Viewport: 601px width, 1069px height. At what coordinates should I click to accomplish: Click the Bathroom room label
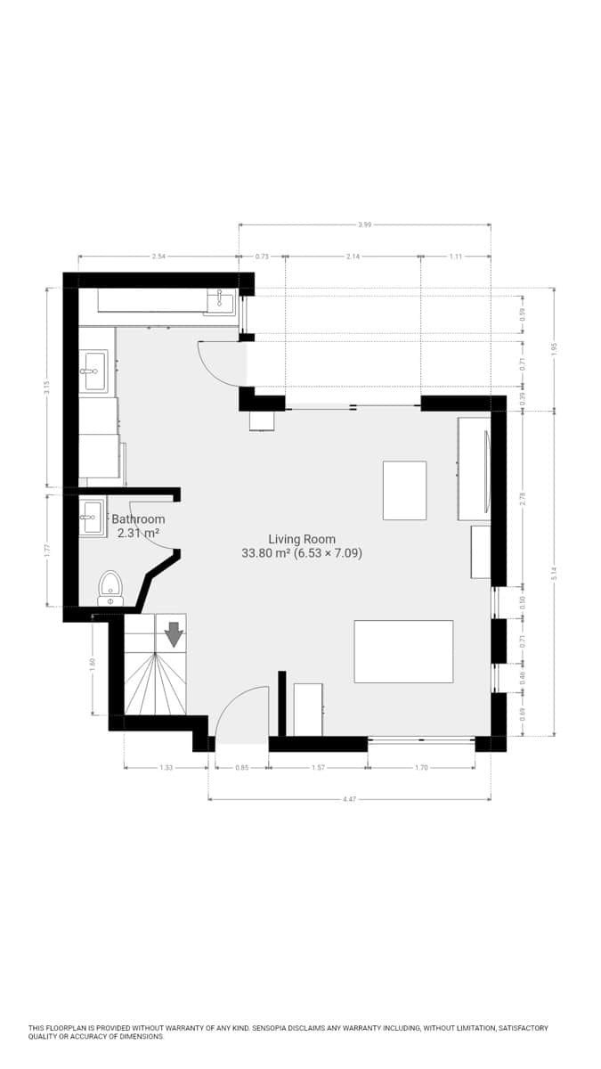pyautogui.click(x=138, y=519)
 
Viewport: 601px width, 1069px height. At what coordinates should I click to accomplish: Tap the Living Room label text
pyautogui.click(x=302, y=539)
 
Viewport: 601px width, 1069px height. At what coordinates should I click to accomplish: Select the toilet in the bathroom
pyautogui.click(x=110, y=589)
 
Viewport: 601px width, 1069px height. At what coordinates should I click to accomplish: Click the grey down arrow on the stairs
pyautogui.click(x=174, y=633)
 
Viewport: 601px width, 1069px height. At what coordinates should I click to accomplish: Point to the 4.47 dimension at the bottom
pyautogui.click(x=349, y=799)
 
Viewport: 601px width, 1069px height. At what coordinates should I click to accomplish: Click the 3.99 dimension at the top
pyautogui.click(x=364, y=224)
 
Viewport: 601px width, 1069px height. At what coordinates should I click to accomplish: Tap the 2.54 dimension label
pyautogui.click(x=158, y=257)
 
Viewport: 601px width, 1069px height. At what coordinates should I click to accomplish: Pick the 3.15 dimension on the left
pyautogui.click(x=47, y=388)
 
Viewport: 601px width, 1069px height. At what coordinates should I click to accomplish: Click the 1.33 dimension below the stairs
pyautogui.click(x=166, y=767)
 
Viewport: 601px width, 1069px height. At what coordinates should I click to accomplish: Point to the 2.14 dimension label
pyautogui.click(x=353, y=257)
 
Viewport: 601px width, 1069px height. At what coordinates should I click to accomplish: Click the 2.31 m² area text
pyautogui.click(x=138, y=534)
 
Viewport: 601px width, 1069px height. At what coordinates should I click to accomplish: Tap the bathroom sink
pyautogui.click(x=92, y=518)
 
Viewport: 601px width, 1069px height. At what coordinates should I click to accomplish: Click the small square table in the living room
pyautogui.click(x=404, y=490)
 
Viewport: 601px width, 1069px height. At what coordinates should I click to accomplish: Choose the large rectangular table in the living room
pyautogui.click(x=403, y=651)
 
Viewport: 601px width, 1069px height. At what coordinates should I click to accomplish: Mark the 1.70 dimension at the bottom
pyautogui.click(x=421, y=767)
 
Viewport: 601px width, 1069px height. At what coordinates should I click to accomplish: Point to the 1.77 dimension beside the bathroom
pyautogui.click(x=47, y=550)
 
